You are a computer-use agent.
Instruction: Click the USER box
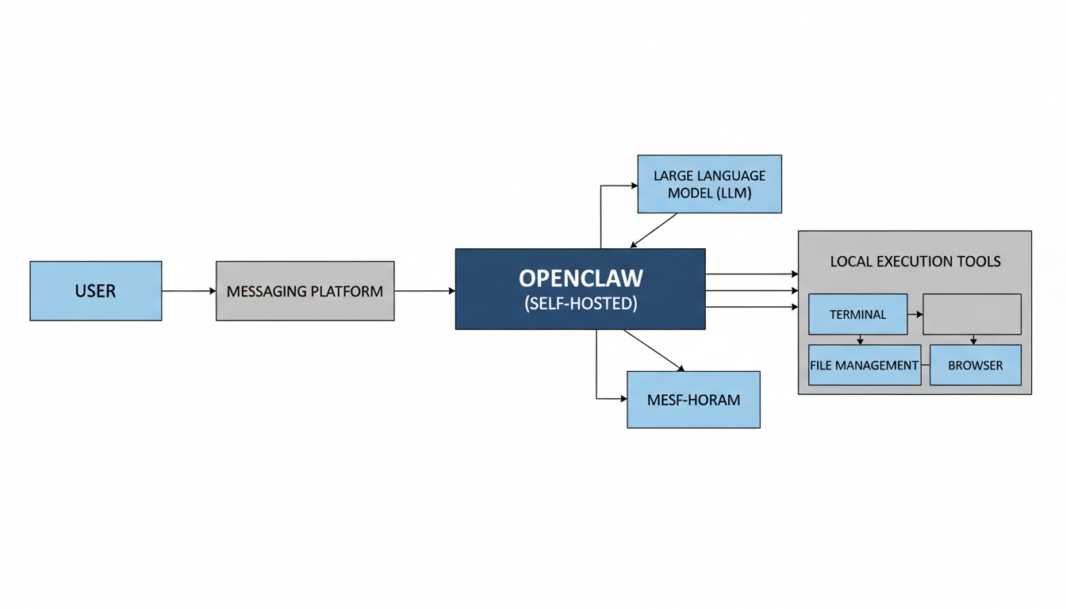coord(95,291)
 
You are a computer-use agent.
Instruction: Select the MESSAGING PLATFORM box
coord(305,291)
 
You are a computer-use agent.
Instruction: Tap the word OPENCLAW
coord(581,278)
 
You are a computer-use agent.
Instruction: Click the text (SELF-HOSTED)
coord(581,303)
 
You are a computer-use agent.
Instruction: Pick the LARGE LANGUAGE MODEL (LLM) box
coord(709,184)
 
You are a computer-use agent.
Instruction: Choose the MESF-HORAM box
coord(693,400)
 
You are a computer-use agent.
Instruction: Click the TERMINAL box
coord(857,314)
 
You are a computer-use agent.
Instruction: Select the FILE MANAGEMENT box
coord(865,366)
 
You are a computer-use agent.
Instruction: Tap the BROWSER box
coord(975,366)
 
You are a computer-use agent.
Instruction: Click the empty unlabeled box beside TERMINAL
coord(972,314)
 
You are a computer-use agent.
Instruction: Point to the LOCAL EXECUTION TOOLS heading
coord(915,262)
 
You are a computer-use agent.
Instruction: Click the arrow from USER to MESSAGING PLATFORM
coord(189,291)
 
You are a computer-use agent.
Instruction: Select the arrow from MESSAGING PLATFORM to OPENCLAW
coord(424,291)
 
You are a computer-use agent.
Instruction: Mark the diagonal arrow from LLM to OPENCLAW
coord(654,230)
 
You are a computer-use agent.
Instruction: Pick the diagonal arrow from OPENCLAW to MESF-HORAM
coord(654,350)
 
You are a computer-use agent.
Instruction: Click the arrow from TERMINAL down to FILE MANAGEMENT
coord(860,339)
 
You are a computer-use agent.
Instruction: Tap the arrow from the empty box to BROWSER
coord(973,339)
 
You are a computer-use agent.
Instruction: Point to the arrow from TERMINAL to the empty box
coord(915,315)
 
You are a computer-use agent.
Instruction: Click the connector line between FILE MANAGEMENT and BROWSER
coord(925,366)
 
